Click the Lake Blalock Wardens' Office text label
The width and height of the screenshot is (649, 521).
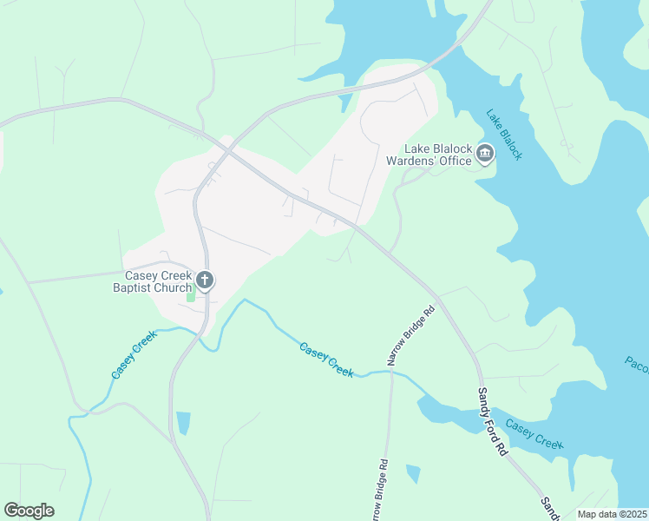(x=436, y=155)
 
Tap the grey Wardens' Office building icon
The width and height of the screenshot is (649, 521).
(x=485, y=155)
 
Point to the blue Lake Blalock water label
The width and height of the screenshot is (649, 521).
(x=504, y=135)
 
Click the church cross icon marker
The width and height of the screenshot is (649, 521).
(x=206, y=280)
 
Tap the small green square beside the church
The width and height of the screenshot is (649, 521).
(x=191, y=296)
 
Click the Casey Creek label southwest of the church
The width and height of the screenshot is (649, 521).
(x=134, y=354)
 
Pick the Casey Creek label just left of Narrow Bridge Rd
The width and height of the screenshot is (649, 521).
(x=326, y=359)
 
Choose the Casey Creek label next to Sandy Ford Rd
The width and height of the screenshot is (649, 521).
(x=534, y=434)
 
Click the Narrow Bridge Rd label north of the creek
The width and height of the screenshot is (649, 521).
(x=409, y=335)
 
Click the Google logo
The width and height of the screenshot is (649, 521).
(x=29, y=511)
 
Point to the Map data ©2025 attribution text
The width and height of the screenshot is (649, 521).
(x=612, y=514)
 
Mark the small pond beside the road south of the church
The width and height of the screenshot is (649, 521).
(x=183, y=423)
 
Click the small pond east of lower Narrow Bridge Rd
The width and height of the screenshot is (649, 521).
(x=413, y=473)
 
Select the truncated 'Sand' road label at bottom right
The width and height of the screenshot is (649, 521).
(x=549, y=507)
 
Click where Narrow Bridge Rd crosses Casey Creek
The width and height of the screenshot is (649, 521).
(x=392, y=372)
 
